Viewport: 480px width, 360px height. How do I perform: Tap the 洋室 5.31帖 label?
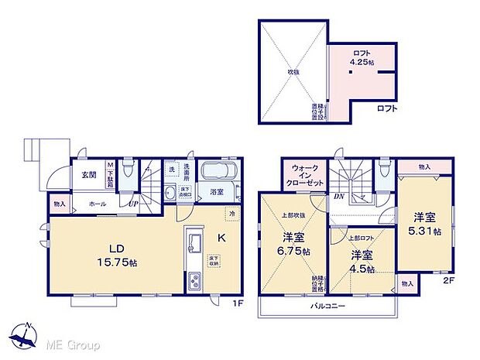(426, 224)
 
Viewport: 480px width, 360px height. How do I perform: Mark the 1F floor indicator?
(241, 302)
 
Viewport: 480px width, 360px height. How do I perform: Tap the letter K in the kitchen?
(221, 238)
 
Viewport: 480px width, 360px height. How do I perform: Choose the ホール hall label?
(97, 203)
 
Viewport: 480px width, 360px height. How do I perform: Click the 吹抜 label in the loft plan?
(293, 72)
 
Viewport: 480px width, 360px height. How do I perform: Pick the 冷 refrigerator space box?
(231, 211)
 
